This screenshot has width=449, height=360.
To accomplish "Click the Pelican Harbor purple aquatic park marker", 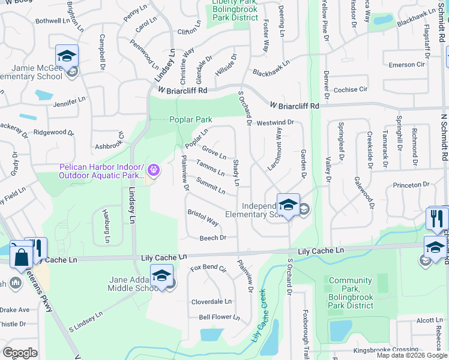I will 154,170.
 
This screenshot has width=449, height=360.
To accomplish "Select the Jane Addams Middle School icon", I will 161,275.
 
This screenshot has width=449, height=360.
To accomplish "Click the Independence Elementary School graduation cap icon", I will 288,204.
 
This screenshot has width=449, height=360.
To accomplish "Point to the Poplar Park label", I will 191,119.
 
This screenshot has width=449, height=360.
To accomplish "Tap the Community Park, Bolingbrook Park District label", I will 351,293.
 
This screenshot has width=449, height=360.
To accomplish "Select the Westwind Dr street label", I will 275,122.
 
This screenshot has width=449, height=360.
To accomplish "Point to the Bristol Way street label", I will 203,217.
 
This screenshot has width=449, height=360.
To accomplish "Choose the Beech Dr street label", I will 212,238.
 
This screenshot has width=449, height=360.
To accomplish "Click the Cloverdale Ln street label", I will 211,302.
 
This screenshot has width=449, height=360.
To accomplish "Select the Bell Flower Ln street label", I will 219,317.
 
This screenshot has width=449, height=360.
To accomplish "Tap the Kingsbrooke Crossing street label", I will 385,350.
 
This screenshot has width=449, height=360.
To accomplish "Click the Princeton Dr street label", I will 412,185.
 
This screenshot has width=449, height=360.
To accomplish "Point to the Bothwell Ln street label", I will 53,20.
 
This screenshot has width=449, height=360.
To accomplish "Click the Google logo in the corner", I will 20,352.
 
